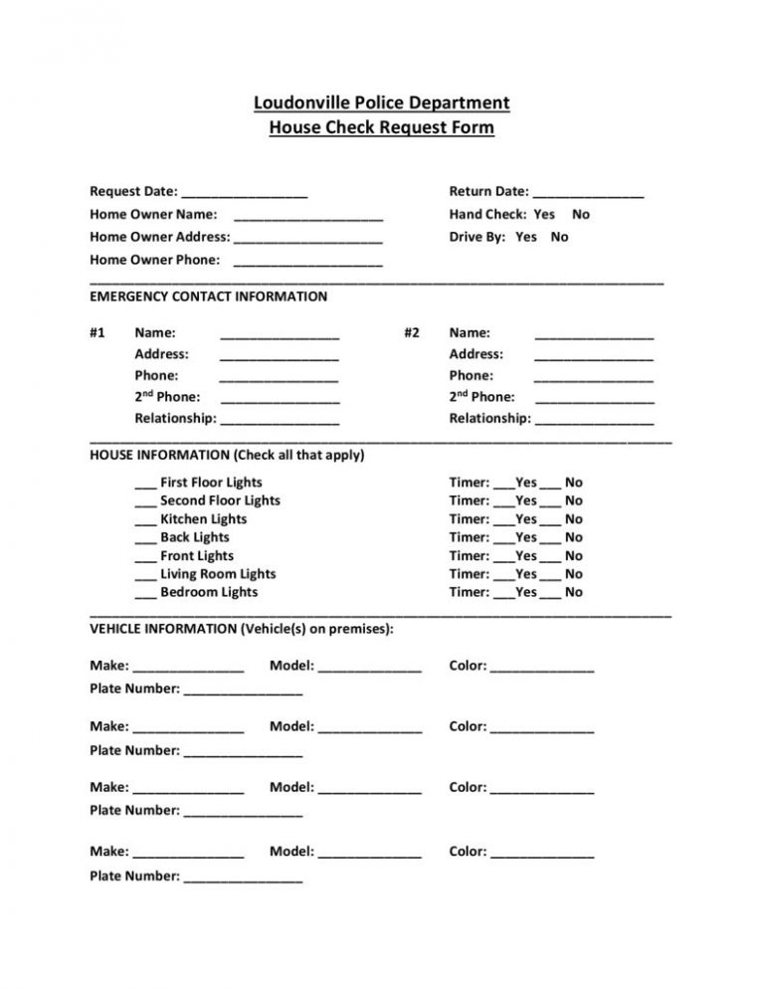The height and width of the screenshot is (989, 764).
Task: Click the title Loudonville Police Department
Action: point(382,102)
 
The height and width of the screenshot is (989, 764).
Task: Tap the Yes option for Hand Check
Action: point(544,214)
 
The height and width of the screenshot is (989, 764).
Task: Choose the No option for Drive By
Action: point(560,237)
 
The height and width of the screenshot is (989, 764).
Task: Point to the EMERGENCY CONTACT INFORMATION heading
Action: point(208,297)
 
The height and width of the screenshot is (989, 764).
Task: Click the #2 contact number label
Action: point(412,333)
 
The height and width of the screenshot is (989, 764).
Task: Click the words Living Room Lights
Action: point(218,574)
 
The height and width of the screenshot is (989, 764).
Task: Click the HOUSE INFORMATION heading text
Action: point(227,456)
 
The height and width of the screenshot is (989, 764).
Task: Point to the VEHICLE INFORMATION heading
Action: point(242,629)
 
